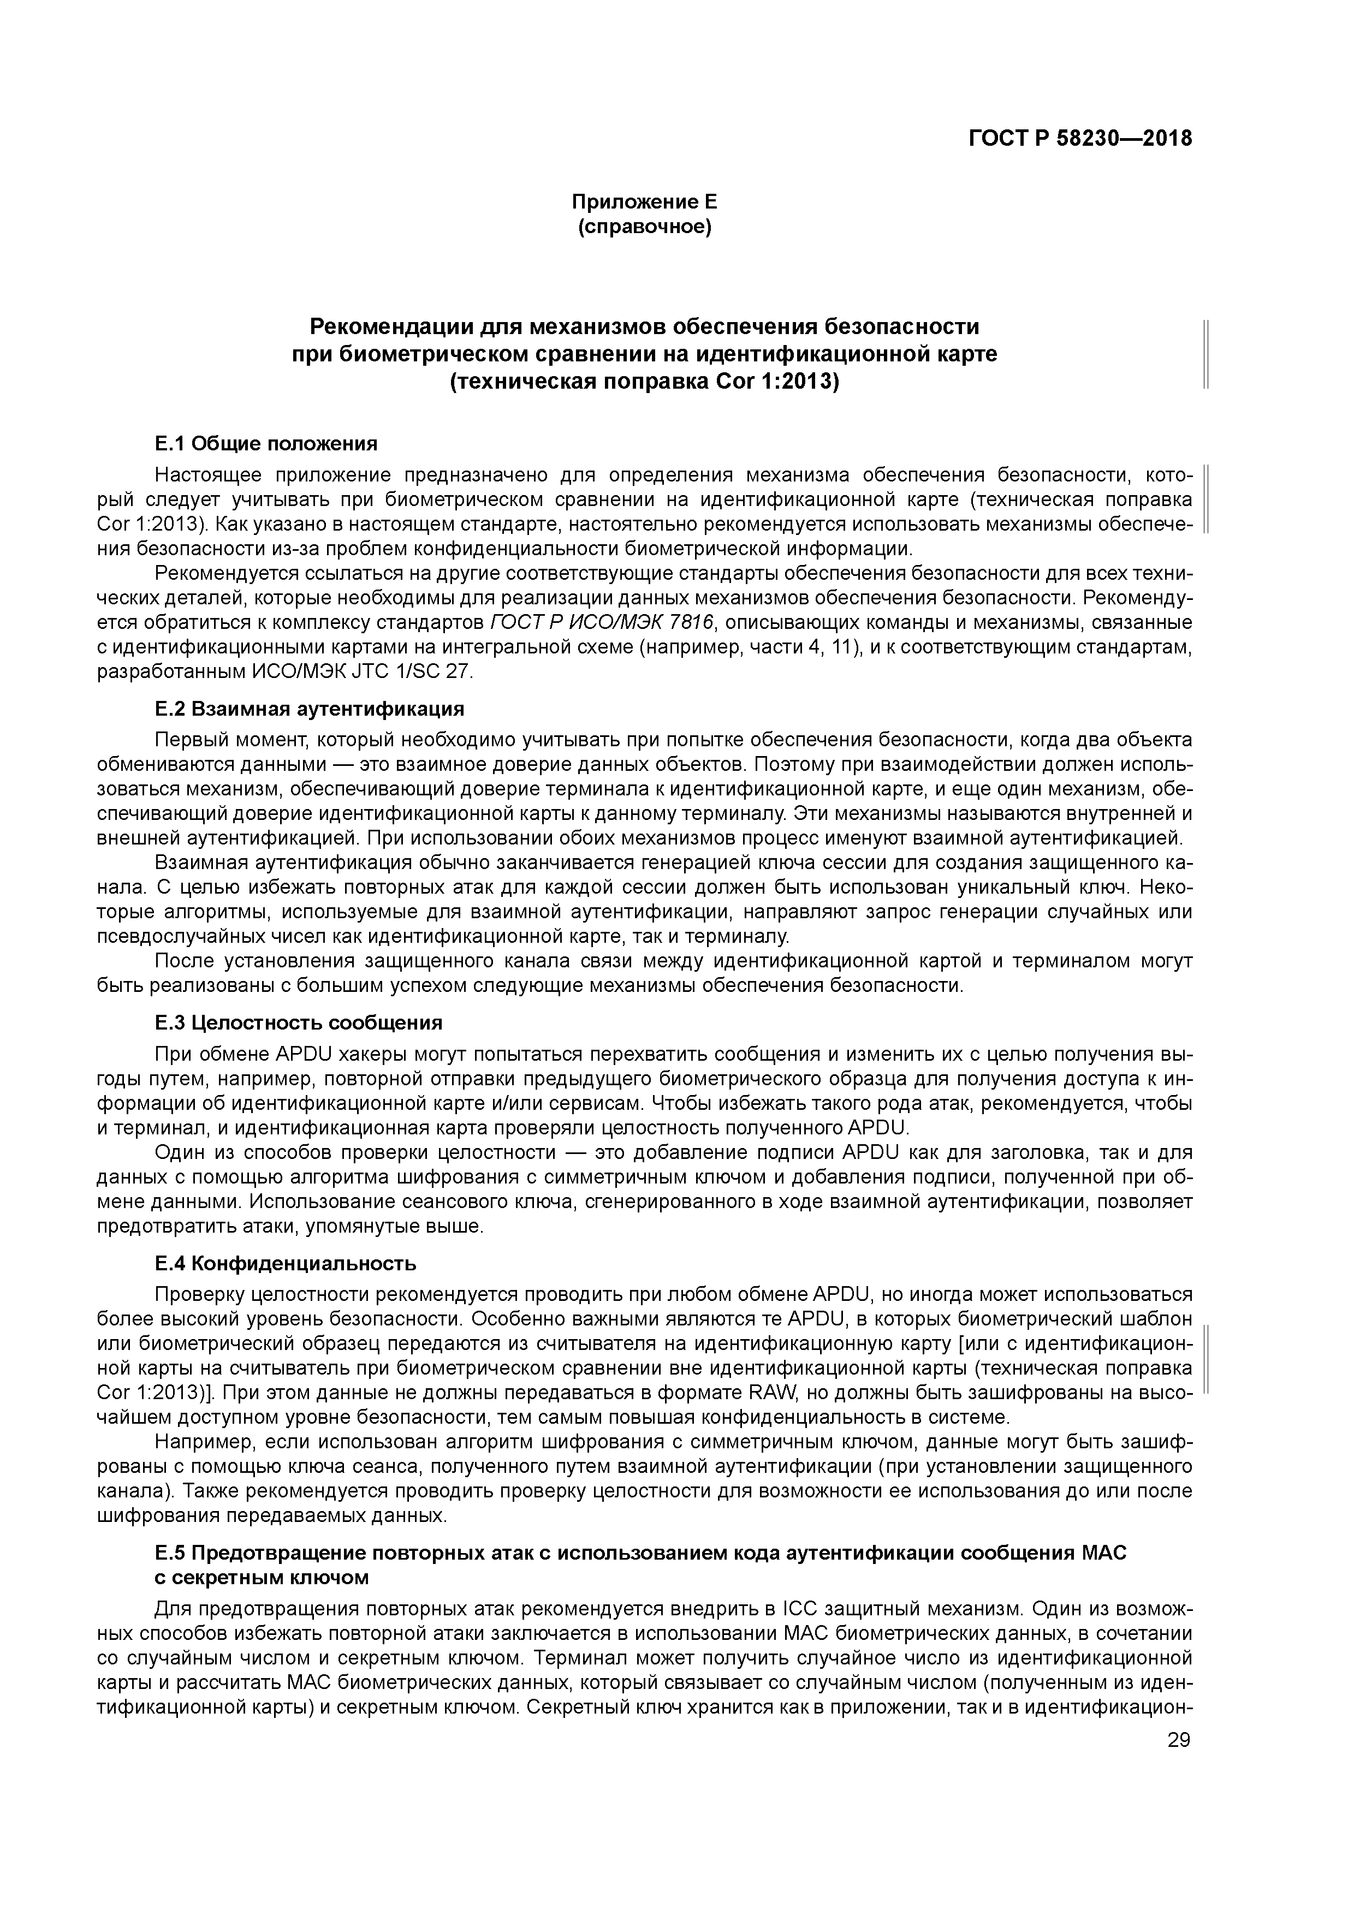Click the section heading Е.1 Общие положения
pos(266,443)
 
